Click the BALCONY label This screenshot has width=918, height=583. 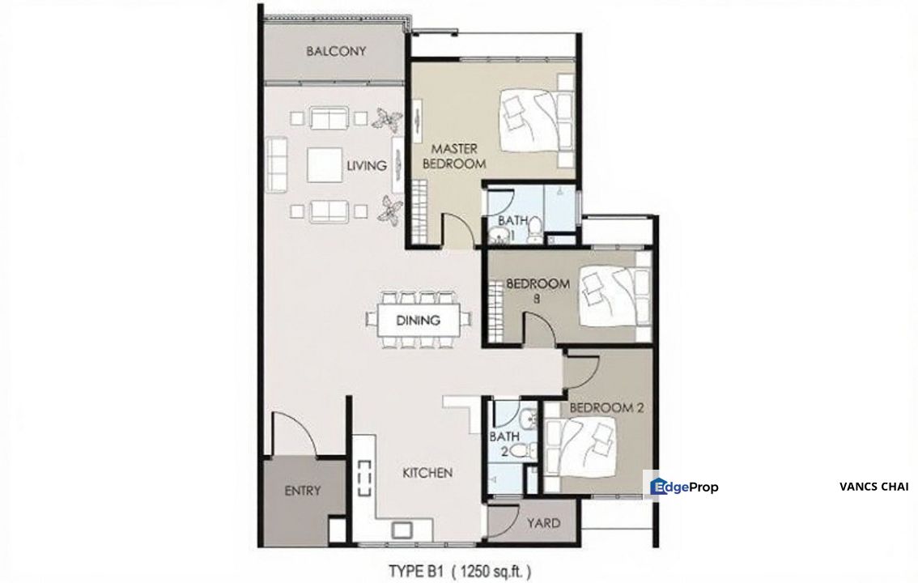pyautogui.click(x=336, y=51)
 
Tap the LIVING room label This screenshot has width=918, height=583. pyautogui.click(x=366, y=166)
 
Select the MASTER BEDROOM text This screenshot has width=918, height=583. pyautogui.click(x=458, y=156)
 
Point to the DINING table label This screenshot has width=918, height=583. pyautogui.click(x=418, y=320)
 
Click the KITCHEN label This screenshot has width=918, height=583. pyautogui.click(x=427, y=472)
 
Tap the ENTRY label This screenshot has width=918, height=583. pyautogui.click(x=303, y=490)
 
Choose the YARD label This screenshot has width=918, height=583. pyautogui.click(x=543, y=523)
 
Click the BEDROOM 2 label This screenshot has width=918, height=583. pyautogui.click(x=606, y=407)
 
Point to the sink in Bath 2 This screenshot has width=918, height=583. pyautogui.click(x=527, y=419)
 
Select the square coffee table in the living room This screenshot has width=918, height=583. pyautogui.click(x=324, y=167)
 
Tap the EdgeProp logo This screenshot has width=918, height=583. pyautogui.click(x=685, y=487)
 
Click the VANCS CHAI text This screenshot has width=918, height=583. pyautogui.click(x=874, y=487)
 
